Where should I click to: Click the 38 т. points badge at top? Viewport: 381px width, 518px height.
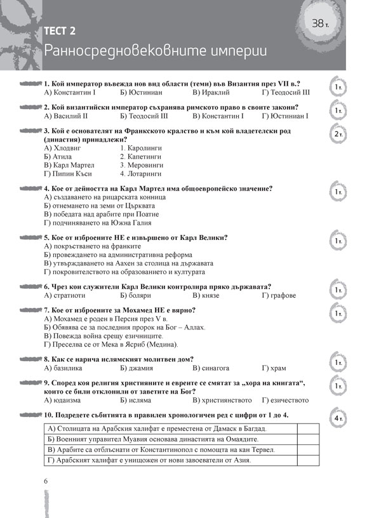[323, 23]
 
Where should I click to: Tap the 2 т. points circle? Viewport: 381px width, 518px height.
[338, 135]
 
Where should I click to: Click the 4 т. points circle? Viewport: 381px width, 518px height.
[338, 419]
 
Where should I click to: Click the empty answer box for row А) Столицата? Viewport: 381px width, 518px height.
[307, 428]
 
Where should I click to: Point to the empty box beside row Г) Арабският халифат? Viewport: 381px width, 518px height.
[307, 460]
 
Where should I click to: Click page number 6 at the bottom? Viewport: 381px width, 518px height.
[46, 481]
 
